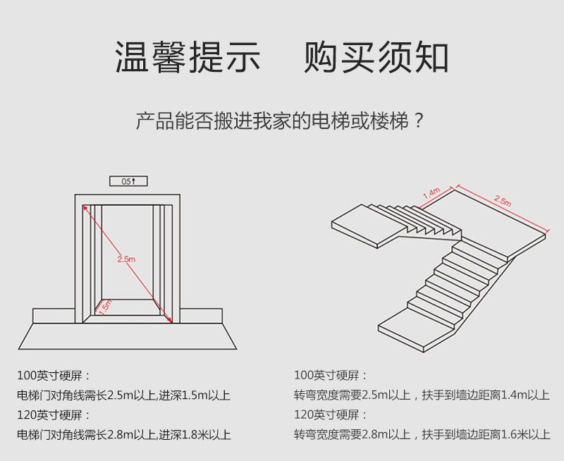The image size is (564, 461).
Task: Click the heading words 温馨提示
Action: click(x=188, y=59)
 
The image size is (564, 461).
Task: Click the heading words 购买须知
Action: click(x=376, y=59)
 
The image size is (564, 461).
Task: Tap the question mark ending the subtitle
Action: click(x=418, y=121)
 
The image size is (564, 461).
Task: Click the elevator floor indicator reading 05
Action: click(x=128, y=181)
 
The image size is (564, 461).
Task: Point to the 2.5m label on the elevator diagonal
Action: click(x=125, y=259)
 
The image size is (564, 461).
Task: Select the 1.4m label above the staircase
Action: click(x=431, y=192)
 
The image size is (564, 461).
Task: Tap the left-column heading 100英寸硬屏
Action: click(x=54, y=375)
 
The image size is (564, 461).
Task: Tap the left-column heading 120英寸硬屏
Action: click(x=54, y=414)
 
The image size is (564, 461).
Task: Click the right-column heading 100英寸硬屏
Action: click(x=331, y=375)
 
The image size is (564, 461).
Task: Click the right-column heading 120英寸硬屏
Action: click(x=331, y=414)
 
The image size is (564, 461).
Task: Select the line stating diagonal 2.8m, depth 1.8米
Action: click(x=123, y=435)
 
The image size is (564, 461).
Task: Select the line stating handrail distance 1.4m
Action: click(x=422, y=395)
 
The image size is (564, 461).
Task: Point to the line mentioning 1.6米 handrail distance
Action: click(x=422, y=435)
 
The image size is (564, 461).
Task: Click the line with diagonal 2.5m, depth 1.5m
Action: click(x=123, y=395)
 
